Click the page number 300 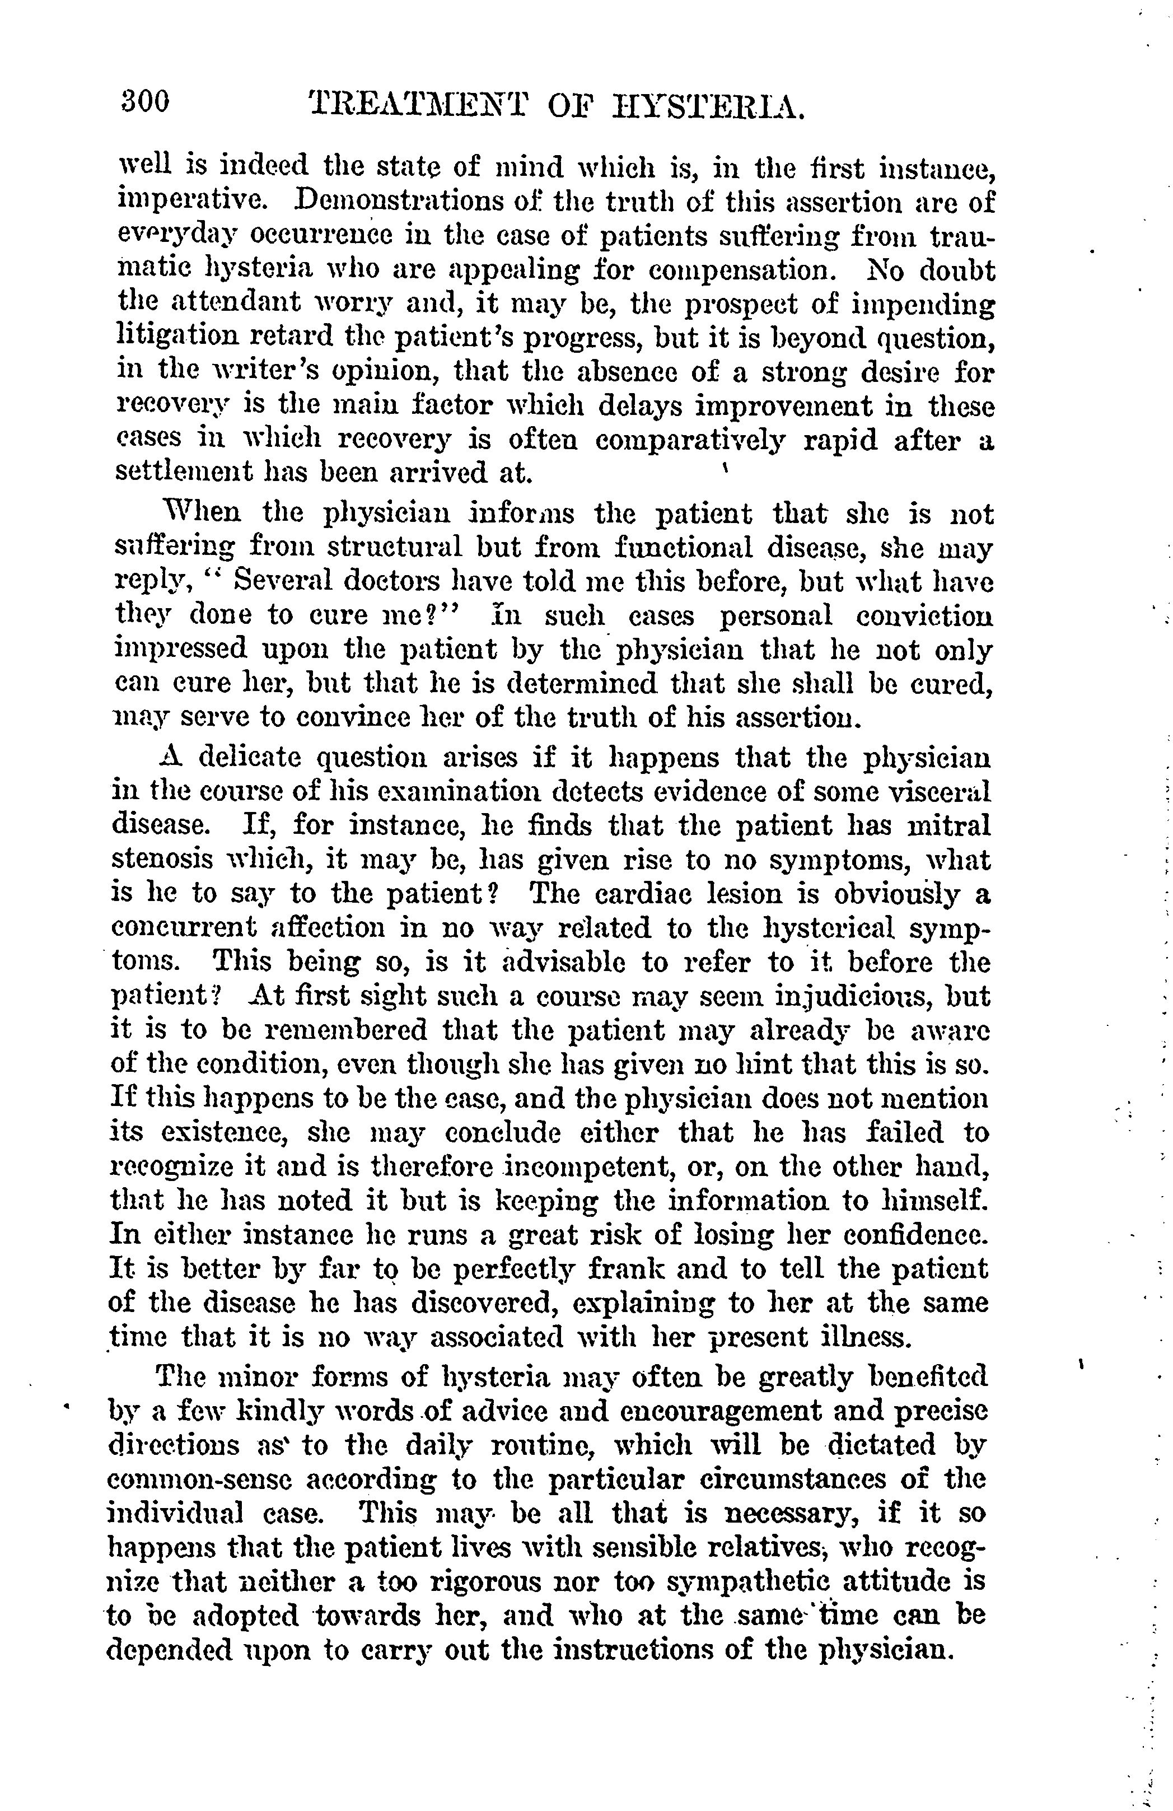pyautogui.click(x=144, y=101)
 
